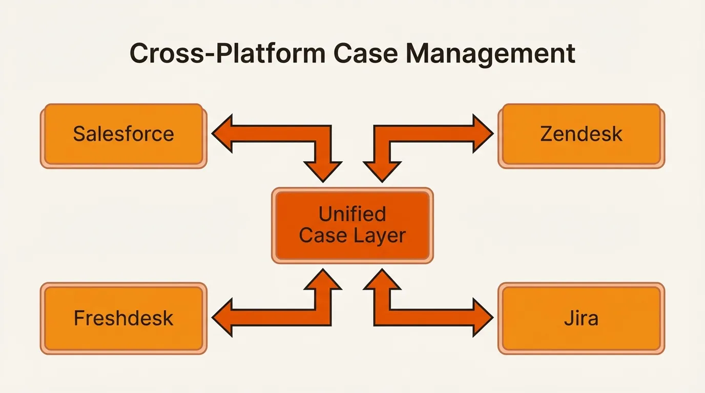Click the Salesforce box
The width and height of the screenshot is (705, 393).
click(123, 135)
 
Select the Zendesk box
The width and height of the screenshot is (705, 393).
click(581, 135)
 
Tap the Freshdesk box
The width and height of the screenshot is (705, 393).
click(123, 318)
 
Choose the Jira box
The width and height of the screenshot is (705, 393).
click(581, 318)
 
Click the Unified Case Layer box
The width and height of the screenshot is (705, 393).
click(352, 225)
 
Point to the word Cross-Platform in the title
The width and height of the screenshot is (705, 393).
click(225, 54)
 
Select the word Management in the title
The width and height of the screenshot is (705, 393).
click(490, 54)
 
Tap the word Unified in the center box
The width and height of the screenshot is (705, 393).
click(352, 214)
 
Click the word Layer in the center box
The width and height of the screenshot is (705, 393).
click(384, 236)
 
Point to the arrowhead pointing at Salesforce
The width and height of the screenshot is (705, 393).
click(222, 134)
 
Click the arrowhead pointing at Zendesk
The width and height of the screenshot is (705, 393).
click(483, 134)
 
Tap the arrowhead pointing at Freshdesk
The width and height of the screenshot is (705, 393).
click(222, 318)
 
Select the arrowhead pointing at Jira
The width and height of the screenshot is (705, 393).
click(483, 318)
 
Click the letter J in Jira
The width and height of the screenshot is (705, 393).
click(567, 318)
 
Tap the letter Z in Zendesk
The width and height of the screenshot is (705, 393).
click(547, 135)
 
